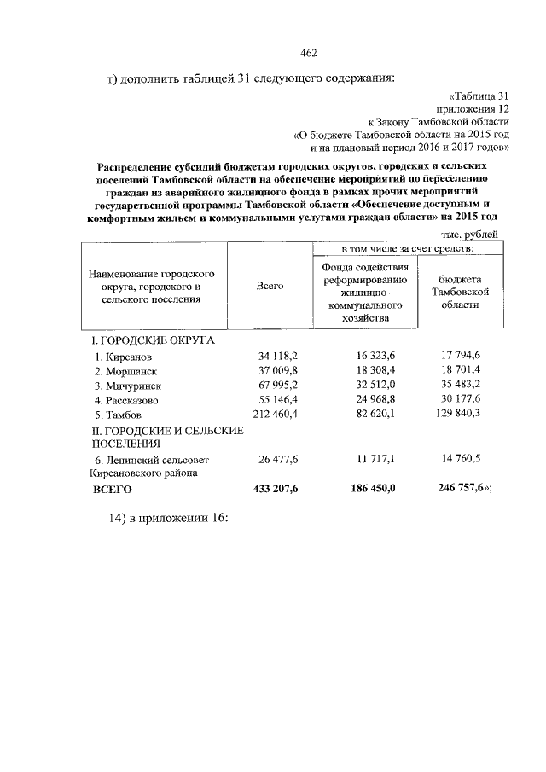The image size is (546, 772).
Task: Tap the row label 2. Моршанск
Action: coord(126,371)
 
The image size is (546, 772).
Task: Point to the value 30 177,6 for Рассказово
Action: coord(461,400)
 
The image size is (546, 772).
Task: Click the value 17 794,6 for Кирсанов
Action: coord(461,356)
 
